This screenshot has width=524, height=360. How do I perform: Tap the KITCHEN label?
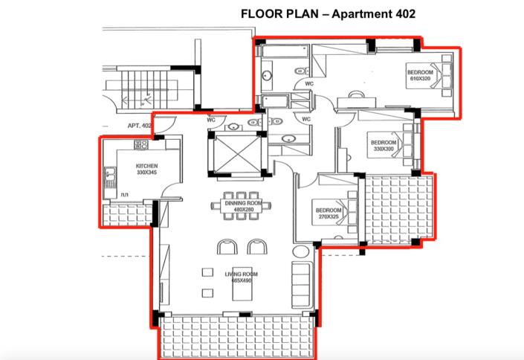145,166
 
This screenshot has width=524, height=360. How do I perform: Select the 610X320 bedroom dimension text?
418,80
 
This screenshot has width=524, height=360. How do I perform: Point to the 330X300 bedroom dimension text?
383,150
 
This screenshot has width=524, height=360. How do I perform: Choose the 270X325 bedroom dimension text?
328,218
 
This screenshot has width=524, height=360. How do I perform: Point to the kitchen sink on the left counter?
110,177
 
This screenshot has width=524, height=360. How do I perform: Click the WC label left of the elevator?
211,119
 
